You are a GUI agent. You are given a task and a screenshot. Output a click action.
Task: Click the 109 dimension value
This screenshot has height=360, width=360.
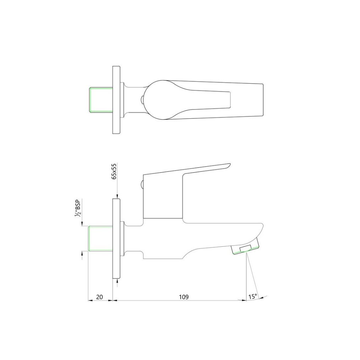(x=184, y=297)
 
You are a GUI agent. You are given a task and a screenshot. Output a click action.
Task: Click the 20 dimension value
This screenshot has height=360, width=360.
(x=100, y=297)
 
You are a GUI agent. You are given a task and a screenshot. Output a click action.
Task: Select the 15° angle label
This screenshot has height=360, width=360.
(x=253, y=297)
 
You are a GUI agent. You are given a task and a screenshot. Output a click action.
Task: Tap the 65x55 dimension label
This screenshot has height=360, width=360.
(x=114, y=171)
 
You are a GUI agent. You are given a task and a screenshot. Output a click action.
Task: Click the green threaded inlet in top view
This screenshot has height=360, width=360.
(x=101, y=100)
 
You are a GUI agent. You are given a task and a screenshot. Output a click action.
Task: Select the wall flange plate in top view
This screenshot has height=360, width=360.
(x=116, y=100)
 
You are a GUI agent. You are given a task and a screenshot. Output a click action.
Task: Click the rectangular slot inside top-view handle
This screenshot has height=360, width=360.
(x=213, y=100)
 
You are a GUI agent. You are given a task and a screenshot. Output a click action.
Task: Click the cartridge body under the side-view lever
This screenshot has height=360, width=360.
(x=163, y=198)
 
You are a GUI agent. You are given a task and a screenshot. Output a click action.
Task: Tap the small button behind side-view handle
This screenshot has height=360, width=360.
(x=141, y=184)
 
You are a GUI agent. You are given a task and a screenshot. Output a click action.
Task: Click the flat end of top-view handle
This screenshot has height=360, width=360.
(x=263, y=100)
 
